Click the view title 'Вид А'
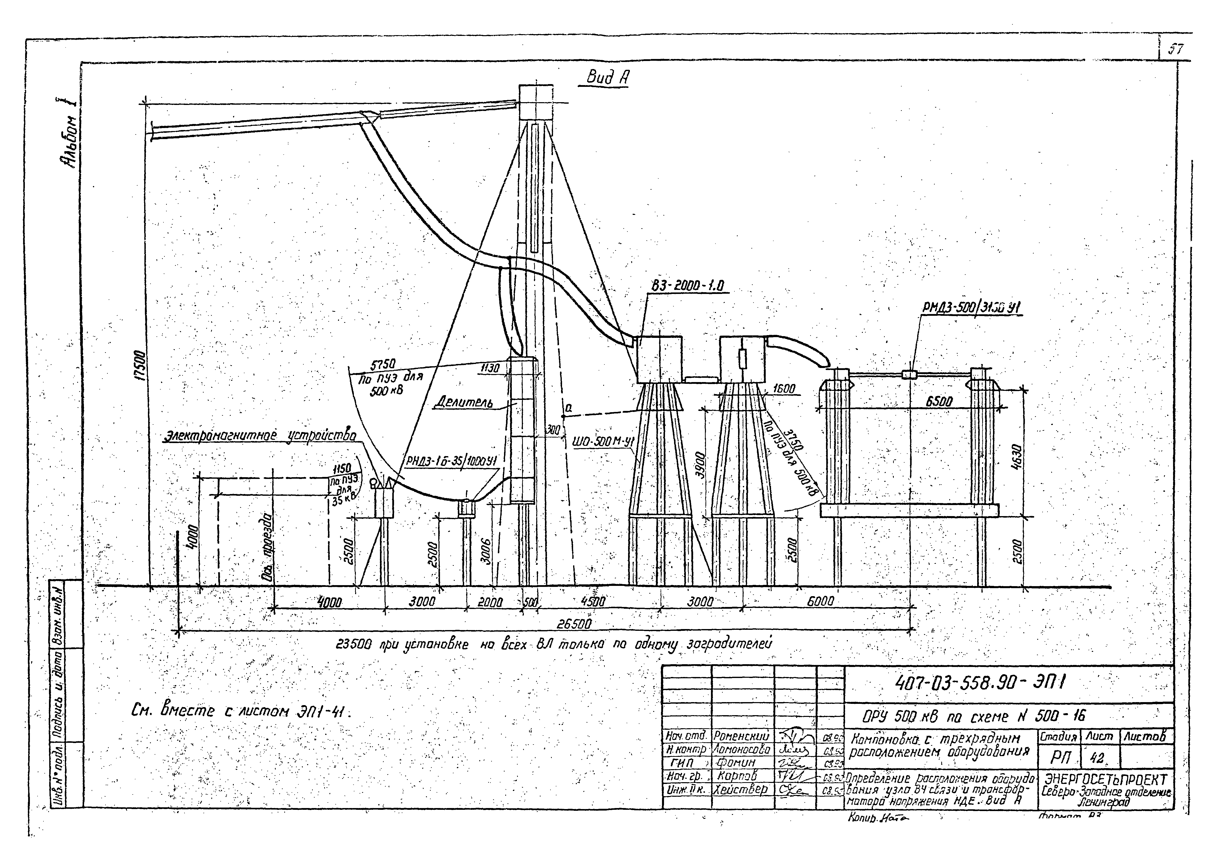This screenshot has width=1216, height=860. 607,78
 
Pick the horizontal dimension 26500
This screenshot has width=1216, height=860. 574,624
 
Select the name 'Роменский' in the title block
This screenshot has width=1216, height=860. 741,736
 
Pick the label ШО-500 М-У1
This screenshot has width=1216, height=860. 603,441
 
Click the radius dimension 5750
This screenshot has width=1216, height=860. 382,365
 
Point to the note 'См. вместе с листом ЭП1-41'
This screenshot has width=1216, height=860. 241,712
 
